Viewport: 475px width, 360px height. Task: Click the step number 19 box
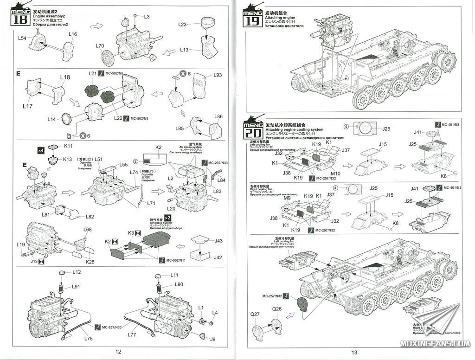tap(253, 21)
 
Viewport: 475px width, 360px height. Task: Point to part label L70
tap(100, 46)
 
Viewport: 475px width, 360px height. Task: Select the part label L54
tap(22, 39)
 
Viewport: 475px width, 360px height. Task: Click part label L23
tap(182, 24)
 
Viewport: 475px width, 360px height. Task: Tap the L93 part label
tap(218, 75)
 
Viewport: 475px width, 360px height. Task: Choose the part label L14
tap(51, 119)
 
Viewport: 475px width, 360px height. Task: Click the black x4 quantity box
tap(40, 151)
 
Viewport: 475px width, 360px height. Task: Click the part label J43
tap(218, 240)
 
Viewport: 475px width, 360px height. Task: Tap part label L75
tap(89, 339)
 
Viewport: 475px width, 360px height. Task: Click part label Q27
tap(255, 314)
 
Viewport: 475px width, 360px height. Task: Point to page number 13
tap(354, 352)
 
